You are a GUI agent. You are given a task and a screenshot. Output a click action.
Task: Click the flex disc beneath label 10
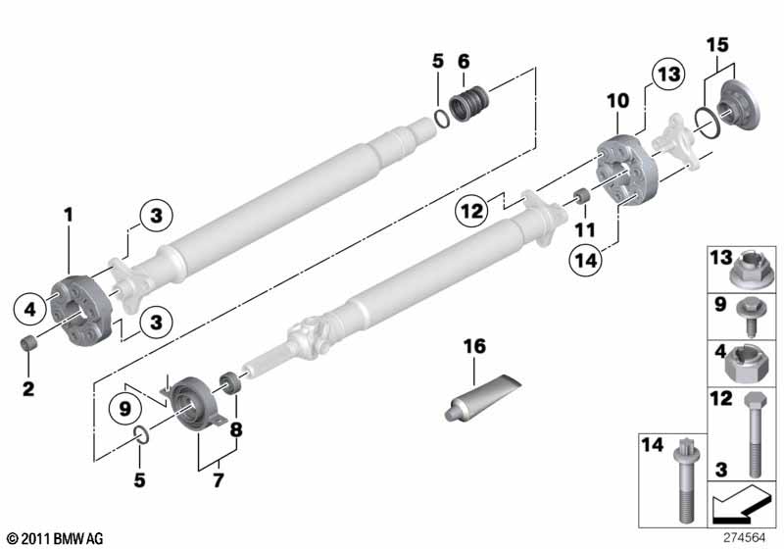coord(622,174)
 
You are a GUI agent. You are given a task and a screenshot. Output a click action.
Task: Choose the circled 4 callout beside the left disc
coord(29,309)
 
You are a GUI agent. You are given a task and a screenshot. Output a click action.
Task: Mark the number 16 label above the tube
coord(474,347)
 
